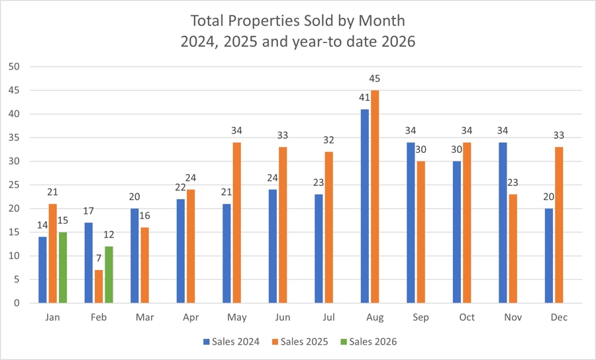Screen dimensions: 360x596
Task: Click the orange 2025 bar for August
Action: coord(375,197)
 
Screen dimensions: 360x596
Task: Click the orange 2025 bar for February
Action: coord(98,287)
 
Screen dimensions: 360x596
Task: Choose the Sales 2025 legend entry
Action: coord(301,341)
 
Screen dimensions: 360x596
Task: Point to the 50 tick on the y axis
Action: coord(14,67)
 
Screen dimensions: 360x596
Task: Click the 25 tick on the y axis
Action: coord(14,185)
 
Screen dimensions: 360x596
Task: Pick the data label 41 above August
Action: coord(364,98)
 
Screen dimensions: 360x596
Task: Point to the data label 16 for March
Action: coord(145,216)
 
